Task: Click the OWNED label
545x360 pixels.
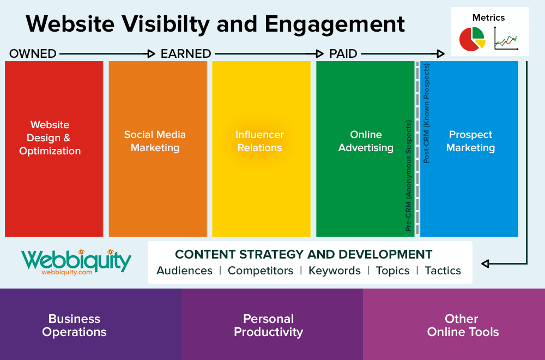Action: (x=33, y=53)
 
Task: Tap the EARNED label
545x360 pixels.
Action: (x=185, y=53)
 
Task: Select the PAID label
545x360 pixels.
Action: (x=343, y=53)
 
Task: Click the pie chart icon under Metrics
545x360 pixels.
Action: (x=471, y=38)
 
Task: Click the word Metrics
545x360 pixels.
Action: (x=489, y=17)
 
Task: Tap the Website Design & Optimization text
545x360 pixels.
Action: (x=50, y=138)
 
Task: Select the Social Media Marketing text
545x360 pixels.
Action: (x=155, y=141)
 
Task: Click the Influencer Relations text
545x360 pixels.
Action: (x=259, y=141)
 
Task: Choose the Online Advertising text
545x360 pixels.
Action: (x=366, y=141)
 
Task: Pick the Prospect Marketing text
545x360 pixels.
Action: (x=470, y=141)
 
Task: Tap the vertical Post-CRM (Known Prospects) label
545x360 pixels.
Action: (x=427, y=113)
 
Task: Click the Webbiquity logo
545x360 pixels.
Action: (x=76, y=261)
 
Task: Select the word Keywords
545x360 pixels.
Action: (x=334, y=271)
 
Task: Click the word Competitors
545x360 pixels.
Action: (x=260, y=271)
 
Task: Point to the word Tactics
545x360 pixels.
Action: (x=443, y=271)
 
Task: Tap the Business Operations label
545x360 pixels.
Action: (x=74, y=325)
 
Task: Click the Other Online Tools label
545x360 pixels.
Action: (x=463, y=325)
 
